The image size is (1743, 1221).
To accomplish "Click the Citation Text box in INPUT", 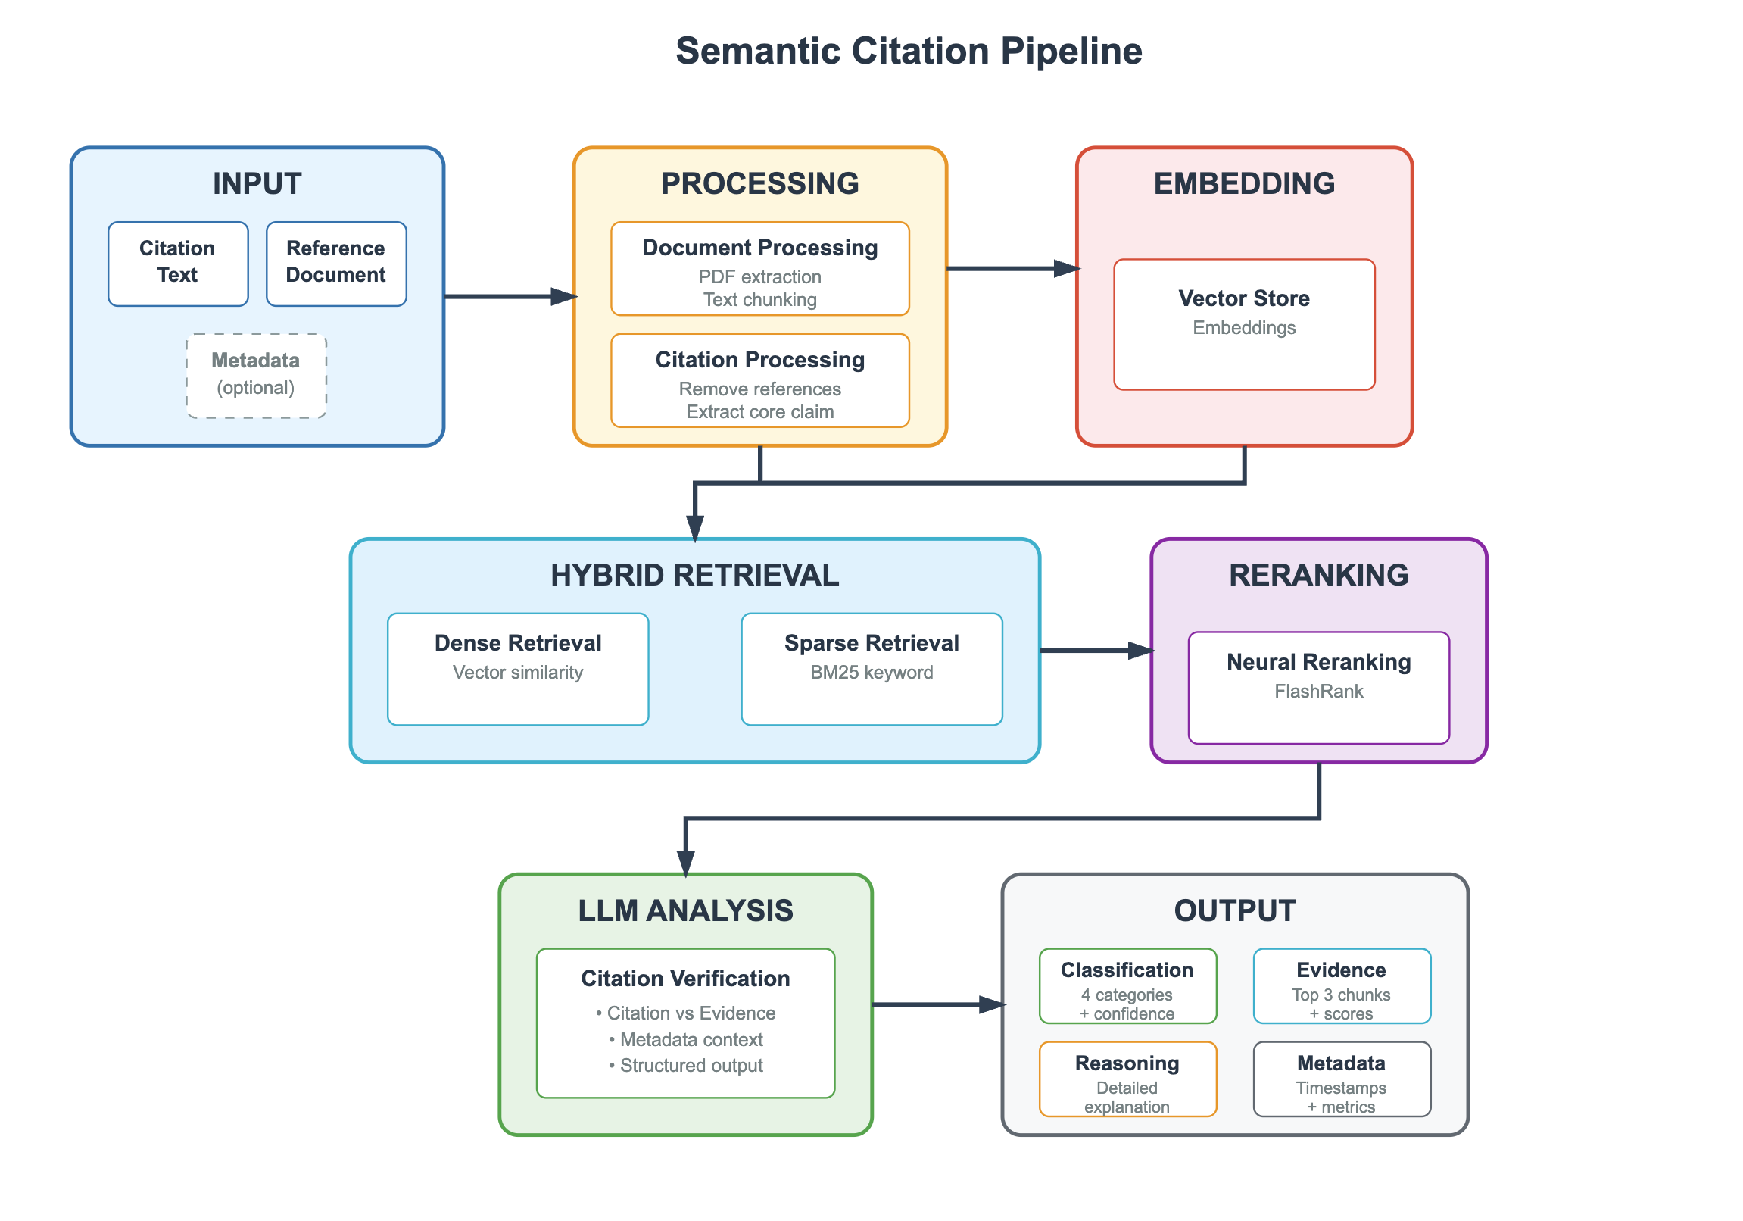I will [178, 264].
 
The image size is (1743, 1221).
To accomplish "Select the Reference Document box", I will [336, 264].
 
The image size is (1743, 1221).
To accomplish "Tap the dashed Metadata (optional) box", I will [257, 375].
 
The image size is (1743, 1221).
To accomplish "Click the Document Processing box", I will [760, 268].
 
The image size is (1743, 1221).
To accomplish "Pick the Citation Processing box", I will [760, 379].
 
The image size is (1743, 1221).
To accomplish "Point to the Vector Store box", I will [1244, 324].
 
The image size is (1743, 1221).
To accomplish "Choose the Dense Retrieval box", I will [518, 669].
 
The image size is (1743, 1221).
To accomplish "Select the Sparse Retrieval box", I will [871, 669].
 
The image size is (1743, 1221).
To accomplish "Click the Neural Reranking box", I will [1319, 687].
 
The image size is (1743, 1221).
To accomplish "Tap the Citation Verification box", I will [685, 1022].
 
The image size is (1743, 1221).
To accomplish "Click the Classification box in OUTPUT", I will [1127, 985].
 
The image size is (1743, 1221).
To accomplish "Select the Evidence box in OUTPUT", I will [1342, 985].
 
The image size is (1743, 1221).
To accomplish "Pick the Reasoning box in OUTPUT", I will [1127, 1079].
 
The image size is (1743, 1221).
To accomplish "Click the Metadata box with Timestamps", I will [1342, 1079].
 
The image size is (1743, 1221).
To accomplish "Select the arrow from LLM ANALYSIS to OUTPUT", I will [937, 1004].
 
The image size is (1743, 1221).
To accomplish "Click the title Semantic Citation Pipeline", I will [909, 51].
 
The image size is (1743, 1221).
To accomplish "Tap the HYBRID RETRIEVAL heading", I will [694, 575].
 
